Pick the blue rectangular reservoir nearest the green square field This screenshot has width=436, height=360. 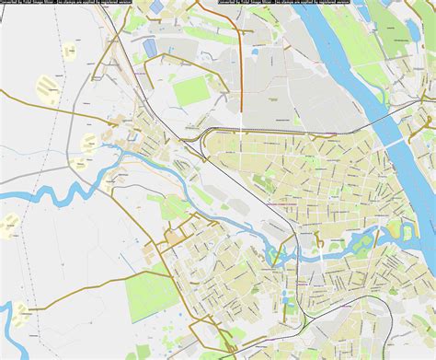coord(150,47)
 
